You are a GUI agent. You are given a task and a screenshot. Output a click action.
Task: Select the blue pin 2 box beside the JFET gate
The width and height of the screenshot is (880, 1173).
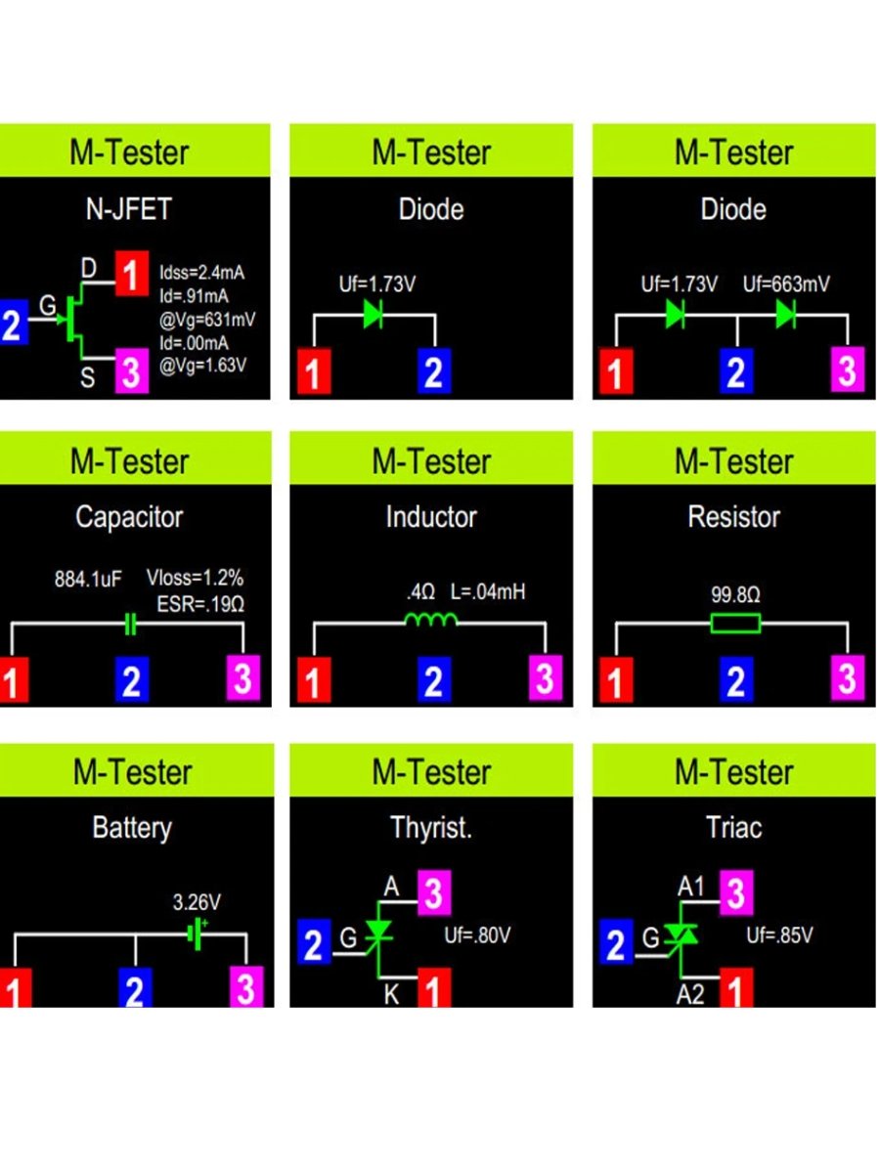click(x=12, y=324)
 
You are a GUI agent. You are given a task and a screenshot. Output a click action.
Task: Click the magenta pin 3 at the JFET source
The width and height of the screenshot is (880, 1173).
click(x=131, y=371)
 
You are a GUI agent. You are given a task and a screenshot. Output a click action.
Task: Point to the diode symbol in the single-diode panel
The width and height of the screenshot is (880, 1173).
click(x=374, y=314)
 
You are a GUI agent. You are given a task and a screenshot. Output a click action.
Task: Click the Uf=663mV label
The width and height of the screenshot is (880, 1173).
click(x=786, y=284)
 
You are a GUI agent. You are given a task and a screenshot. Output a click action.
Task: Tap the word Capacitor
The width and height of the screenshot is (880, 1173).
click(x=129, y=517)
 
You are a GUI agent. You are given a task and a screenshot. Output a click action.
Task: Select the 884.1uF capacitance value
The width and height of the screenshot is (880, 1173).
click(x=88, y=579)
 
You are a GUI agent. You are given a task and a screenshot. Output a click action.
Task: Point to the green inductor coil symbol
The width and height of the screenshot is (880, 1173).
click(x=431, y=622)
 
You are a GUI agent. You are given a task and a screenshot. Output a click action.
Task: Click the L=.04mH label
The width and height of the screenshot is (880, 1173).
click(x=488, y=591)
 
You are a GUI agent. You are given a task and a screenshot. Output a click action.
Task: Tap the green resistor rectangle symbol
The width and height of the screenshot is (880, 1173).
click(x=734, y=624)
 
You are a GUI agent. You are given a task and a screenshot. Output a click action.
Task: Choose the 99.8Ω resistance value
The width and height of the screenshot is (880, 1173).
click(x=734, y=592)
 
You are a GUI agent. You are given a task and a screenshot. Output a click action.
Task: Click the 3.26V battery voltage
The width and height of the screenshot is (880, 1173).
click(x=196, y=902)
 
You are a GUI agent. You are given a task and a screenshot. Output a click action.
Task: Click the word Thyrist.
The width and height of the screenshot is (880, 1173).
click(x=431, y=828)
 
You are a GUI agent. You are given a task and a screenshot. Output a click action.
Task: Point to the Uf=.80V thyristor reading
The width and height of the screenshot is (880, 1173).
click(x=477, y=935)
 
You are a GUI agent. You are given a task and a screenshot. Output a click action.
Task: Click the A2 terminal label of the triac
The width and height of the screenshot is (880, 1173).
click(x=691, y=994)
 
